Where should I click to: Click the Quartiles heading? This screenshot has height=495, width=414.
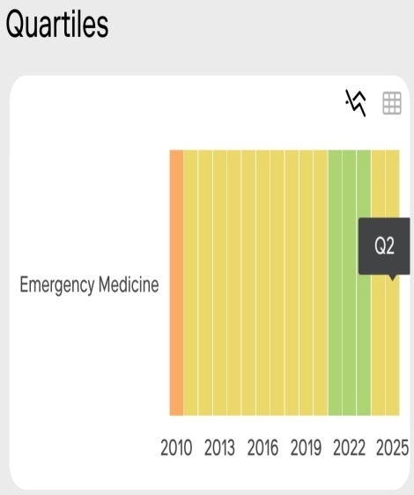coord(57,24)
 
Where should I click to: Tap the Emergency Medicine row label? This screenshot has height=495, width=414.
coord(89,285)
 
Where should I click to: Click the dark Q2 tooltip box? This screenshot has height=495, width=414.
coord(384,247)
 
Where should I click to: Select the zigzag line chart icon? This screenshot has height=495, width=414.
coord(357,103)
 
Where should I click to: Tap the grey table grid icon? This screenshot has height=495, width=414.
coord(392,103)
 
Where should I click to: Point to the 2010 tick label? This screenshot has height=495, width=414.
coord(176,447)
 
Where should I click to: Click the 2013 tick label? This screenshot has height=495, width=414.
coord(219,447)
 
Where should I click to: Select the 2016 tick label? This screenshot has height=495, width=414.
coord(262,447)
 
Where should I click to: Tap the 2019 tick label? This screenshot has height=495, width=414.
coord(306,447)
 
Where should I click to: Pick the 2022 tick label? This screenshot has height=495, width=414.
coord(349,447)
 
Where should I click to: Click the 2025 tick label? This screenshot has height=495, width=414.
coord(392,447)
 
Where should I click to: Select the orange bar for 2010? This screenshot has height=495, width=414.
coord(176,283)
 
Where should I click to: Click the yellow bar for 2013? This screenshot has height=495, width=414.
coord(219,283)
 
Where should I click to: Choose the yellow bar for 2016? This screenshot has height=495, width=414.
coord(262,283)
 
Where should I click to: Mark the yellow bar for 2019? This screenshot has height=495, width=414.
coord(306,283)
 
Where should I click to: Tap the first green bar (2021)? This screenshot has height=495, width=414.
coord(335,283)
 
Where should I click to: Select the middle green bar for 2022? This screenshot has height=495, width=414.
coord(349,283)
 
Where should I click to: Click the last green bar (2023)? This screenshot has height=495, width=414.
coord(364,283)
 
